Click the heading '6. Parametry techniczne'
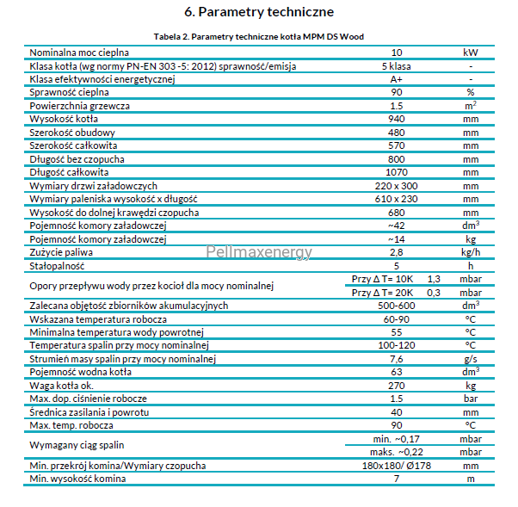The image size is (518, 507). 259,12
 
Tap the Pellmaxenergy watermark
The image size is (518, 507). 259,252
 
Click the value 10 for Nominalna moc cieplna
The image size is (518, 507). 397,53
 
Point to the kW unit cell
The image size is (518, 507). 471,53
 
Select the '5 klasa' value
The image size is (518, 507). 397,66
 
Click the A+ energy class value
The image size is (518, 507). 397,79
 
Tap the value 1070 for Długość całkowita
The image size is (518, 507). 397,172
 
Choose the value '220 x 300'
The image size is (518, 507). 397,186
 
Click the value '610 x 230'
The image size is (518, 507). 397,199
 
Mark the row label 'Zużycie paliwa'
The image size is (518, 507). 61,252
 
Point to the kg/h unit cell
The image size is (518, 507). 471,252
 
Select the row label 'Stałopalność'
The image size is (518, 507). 57,266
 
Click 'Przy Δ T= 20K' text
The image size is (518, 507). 382,293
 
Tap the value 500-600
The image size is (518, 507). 397,306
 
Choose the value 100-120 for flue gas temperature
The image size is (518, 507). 397,345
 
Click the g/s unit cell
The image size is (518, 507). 471,359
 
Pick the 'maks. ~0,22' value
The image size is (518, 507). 397,452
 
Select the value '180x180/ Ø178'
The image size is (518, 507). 397,466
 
